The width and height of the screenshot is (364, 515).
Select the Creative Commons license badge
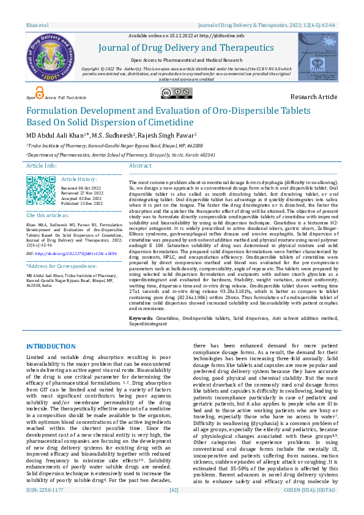[174, 93]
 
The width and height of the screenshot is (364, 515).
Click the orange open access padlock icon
[40, 93]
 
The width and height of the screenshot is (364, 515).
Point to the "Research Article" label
[313, 97]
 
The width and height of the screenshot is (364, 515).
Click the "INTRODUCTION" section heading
[51, 347]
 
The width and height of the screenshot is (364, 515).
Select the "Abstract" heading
[140, 166]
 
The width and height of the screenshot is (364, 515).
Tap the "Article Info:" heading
[42, 166]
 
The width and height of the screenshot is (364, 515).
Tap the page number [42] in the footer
[174, 506]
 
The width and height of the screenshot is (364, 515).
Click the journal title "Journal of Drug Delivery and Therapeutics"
[182, 48]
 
